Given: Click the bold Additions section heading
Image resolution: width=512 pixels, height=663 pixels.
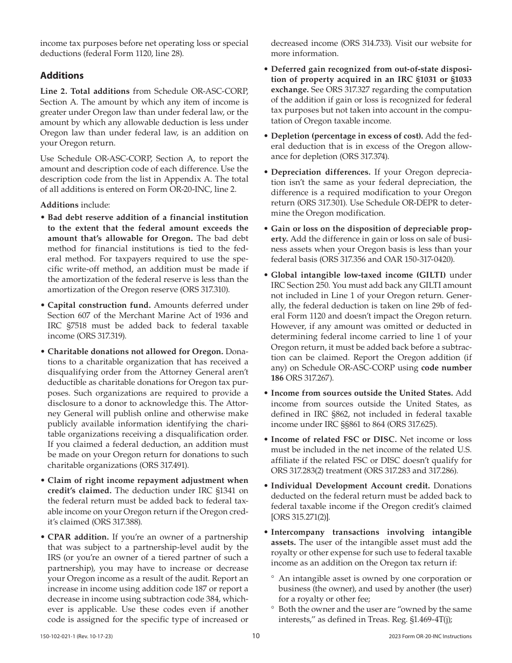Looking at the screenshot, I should coord(62,75).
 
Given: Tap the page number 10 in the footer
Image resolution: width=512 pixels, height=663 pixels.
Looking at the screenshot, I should coord(256,636).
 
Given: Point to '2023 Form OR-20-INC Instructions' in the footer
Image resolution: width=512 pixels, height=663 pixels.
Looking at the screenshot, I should coord(430,637).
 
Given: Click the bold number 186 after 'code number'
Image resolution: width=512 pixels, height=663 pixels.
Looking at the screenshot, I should coord(278,378).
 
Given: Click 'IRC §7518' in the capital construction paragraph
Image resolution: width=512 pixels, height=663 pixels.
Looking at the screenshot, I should coord(66,326).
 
